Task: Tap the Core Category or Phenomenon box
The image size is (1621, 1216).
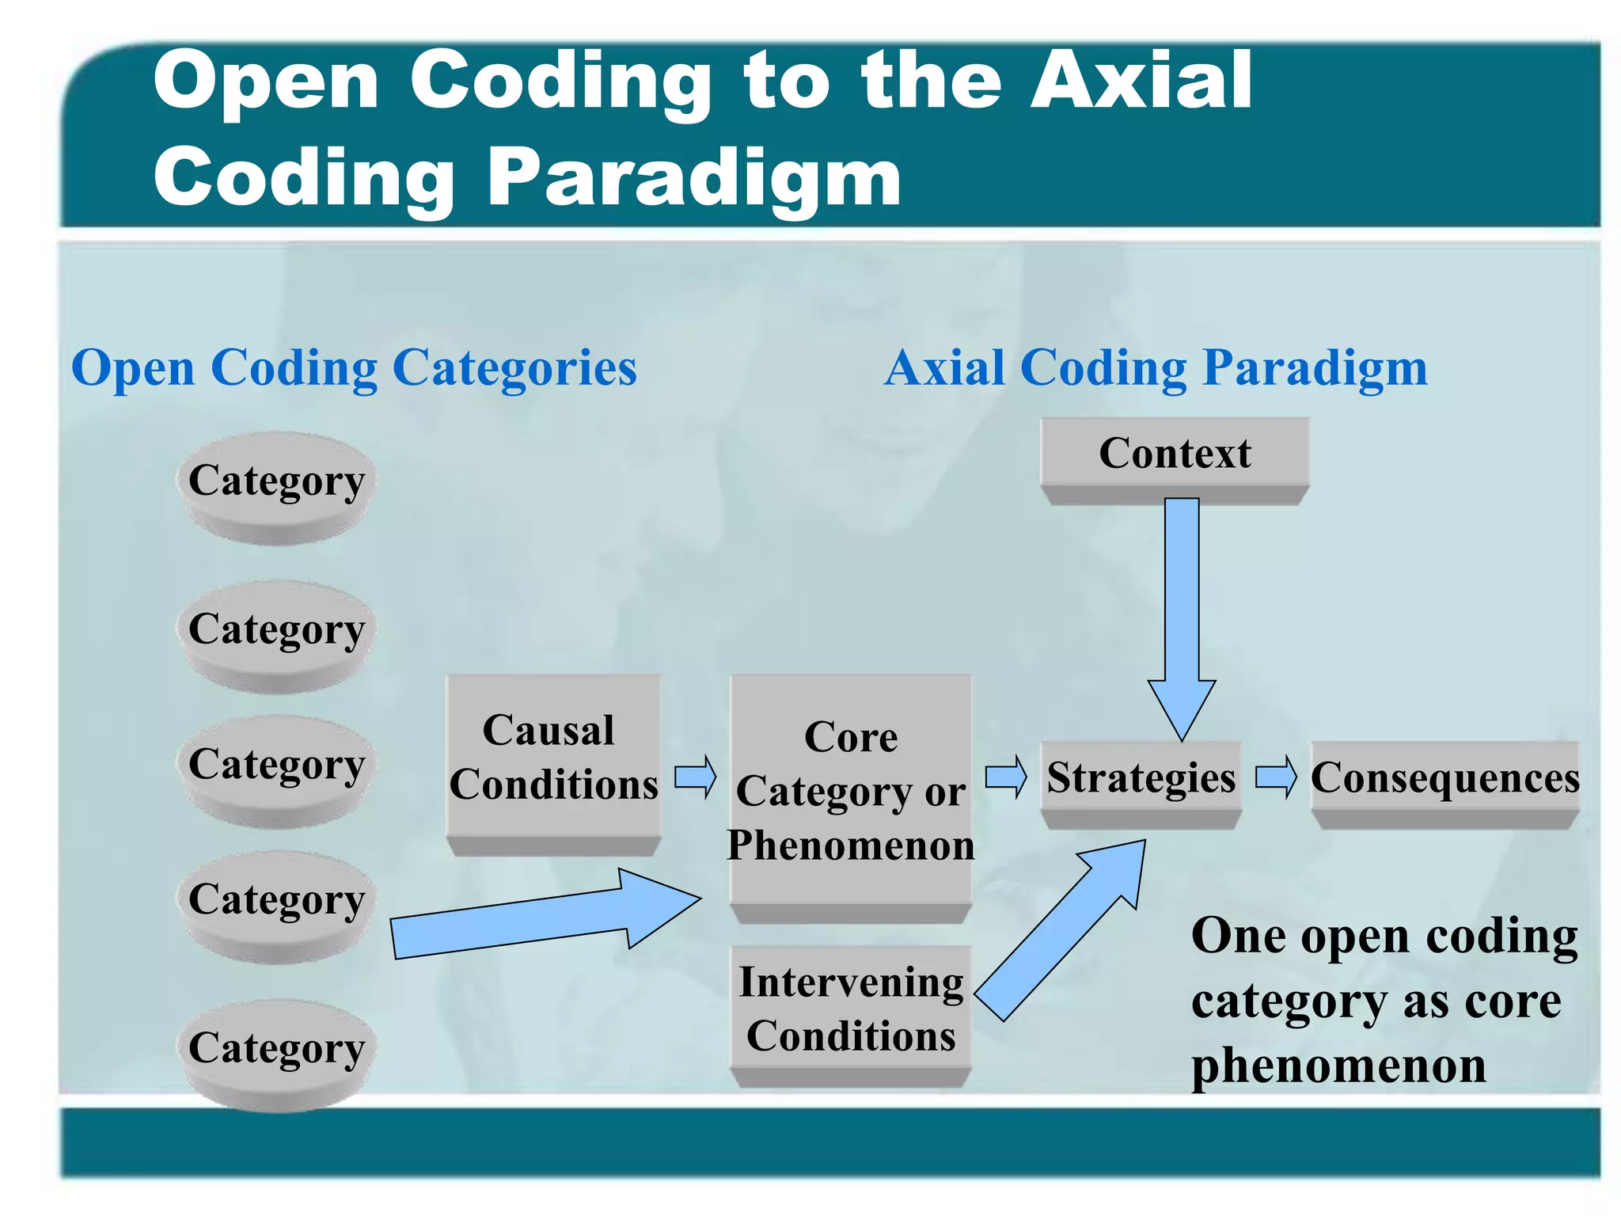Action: point(851,791)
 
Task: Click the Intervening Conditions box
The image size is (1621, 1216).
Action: point(851,1009)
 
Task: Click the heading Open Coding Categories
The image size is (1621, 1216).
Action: point(354,368)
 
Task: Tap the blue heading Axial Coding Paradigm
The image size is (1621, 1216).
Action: point(1156,368)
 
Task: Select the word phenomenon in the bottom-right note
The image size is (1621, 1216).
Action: point(1338,1066)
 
